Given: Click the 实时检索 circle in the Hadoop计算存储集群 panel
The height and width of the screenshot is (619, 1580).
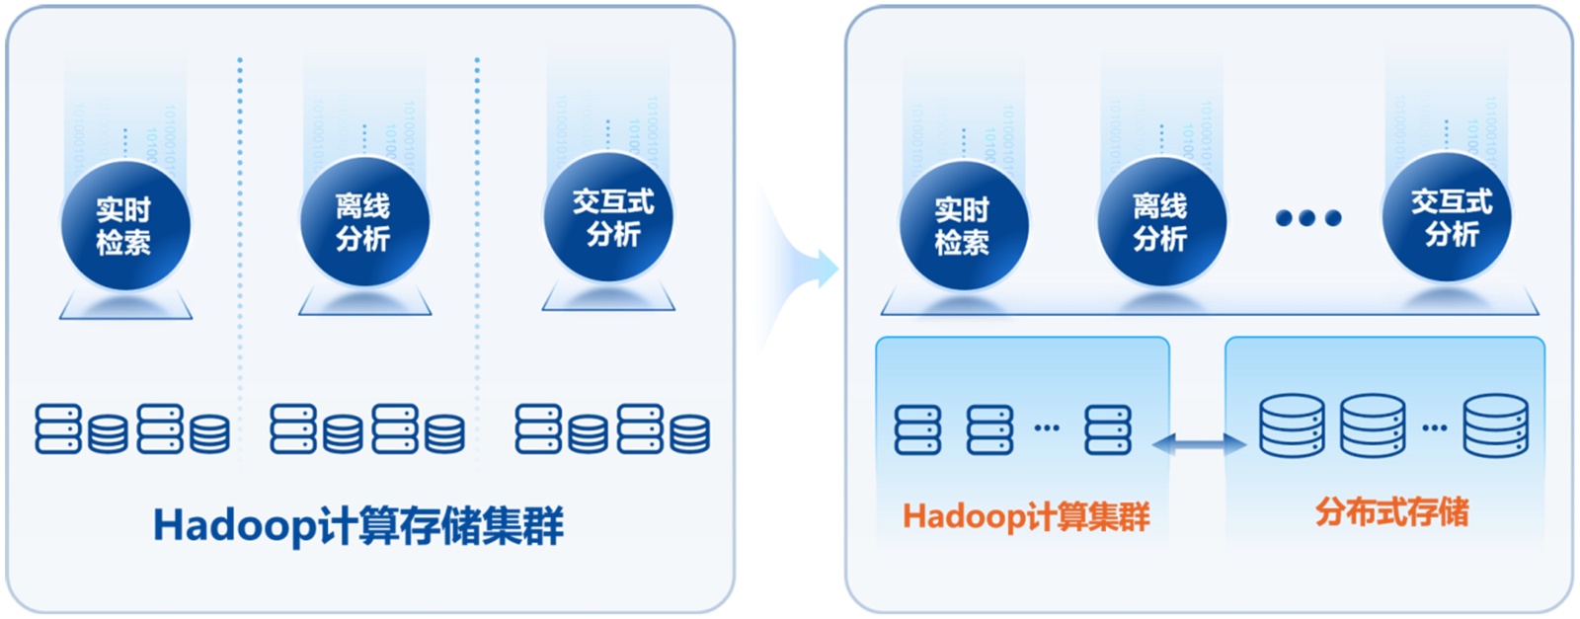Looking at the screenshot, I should pyautogui.click(x=124, y=226).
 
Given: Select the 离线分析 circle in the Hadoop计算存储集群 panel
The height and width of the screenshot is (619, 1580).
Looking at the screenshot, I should pyautogui.click(x=364, y=222).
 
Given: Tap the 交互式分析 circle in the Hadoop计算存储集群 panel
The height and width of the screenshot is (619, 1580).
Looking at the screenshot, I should pyautogui.click(x=608, y=218).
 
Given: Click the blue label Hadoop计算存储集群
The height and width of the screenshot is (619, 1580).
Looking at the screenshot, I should pyautogui.click(x=358, y=525).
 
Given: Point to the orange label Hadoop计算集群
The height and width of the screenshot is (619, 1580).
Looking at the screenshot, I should pyautogui.click(x=1026, y=516).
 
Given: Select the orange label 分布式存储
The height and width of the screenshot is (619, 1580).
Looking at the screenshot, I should pyautogui.click(x=1391, y=511).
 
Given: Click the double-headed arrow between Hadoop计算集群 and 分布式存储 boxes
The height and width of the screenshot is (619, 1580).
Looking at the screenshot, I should pyautogui.click(x=1198, y=444).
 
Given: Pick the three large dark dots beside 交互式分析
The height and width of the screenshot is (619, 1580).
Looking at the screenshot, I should pyautogui.click(x=1307, y=218).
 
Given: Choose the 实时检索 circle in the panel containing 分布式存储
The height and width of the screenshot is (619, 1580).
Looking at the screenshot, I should pyautogui.click(x=963, y=226).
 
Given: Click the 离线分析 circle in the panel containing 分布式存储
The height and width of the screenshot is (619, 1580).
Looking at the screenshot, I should pyautogui.click(x=1160, y=222).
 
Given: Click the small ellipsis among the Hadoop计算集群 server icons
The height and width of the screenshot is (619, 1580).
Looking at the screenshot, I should pyautogui.click(x=1047, y=427).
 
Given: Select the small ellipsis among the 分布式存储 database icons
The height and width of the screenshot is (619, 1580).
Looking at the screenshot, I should pyautogui.click(x=1434, y=427).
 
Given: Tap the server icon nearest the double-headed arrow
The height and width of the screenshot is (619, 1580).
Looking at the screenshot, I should pyautogui.click(x=1108, y=429).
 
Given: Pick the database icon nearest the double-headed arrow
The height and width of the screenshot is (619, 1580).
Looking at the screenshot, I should pyautogui.click(x=1292, y=426).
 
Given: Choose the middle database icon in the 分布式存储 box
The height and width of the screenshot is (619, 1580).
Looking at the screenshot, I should pyautogui.click(x=1373, y=426).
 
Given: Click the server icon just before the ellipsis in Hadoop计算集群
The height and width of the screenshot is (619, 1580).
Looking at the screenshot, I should pyautogui.click(x=990, y=429).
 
